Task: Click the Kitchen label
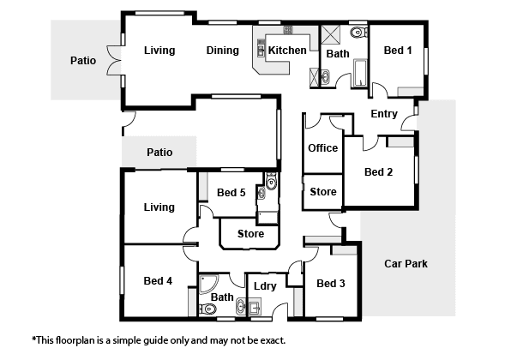tap(287, 51)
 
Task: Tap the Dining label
tap(223, 51)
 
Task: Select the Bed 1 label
tap(398, 51)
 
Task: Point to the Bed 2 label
tap(378, 171)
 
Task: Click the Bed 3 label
tap(331, 284)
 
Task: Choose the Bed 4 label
tap(158, 281)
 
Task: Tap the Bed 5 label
tap(231, 193)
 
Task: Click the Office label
tap(323, 148)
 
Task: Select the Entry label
tap(384, 114)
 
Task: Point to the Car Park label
tap(406, 263)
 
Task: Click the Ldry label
tap(265, 286)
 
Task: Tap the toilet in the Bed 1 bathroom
tap(358, 32)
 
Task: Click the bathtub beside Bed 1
tap(360, 73)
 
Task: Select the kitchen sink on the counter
tap(261, 48)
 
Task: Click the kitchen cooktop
tap(288, 30)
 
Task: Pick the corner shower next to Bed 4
tap(207, 284)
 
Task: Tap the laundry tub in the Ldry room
tap(255, 307)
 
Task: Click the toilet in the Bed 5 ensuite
tap(271, 182)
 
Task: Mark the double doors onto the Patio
tap(114, 61)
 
